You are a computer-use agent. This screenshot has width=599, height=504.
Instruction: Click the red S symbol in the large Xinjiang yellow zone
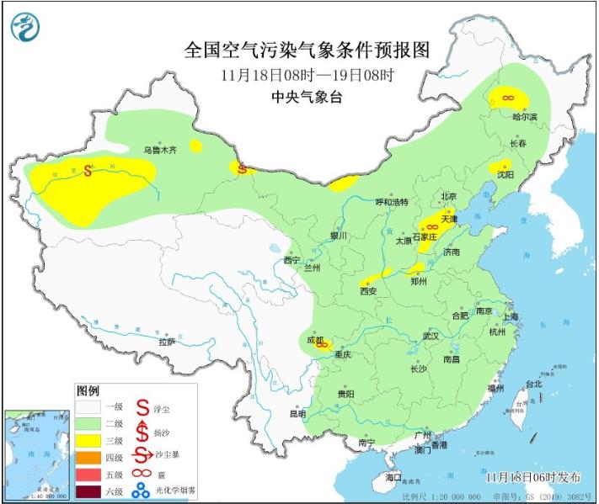coord(88,170)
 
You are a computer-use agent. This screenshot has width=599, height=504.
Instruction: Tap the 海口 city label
coord(393,477)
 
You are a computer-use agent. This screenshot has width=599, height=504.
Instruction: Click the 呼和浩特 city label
coord(391,202)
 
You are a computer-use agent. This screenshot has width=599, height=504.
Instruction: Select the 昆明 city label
coord(298,413)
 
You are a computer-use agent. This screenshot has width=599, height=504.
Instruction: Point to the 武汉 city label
coord(431,336)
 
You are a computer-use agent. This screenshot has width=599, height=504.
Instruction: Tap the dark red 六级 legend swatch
coord(89,491)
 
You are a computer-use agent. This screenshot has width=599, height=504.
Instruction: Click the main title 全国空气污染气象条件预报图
coord(307,50)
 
